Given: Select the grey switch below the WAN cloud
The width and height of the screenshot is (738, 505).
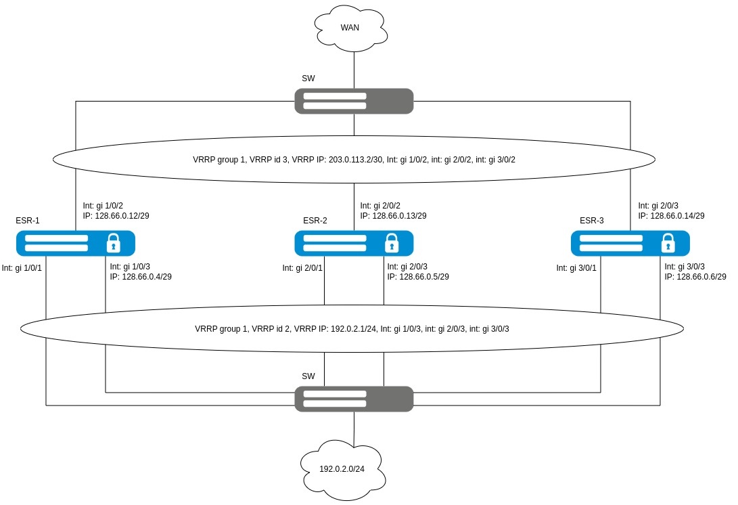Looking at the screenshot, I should pyautogui.click(x=354, y=101).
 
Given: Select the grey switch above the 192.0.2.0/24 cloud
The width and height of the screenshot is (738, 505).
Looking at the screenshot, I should pyautogui.click(x=354, y=399).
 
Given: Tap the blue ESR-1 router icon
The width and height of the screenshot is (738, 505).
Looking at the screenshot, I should pyautogui.click(x=76, y=243).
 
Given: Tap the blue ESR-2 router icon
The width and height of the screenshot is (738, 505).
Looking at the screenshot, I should pyautogui.click(x=354, y=243).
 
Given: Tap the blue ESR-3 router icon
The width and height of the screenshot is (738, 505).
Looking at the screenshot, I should pyautogui.click(x=630, y=243).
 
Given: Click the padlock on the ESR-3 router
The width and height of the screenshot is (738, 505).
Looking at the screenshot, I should pyautogui.click(x=668, y=242).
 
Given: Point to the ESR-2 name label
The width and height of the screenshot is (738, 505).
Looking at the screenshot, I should pyautogui.click(x=315, y=221).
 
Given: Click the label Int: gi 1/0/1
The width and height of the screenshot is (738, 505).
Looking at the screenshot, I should pyautogui.click(x=22, y=268).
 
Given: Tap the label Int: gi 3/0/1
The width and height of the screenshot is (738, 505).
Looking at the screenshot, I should pyautogui.click(x=576, y=268).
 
